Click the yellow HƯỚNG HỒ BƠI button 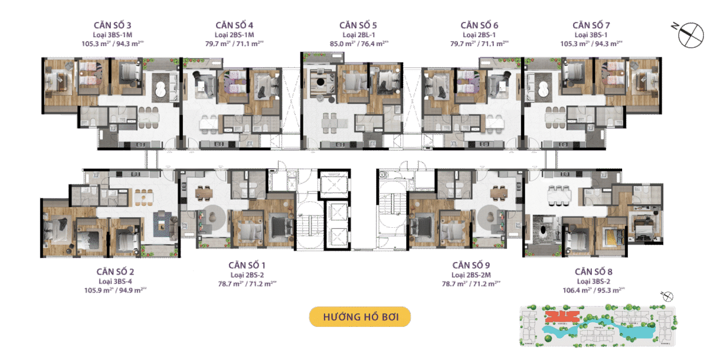[360, 317]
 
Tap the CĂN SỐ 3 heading [114, 25]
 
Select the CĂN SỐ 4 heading [234, 25]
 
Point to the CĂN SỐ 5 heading [358, 25]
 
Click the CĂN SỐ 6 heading [479, 25]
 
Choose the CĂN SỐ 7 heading [591, 25]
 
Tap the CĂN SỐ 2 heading [115, 271]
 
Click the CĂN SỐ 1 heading [247, 265]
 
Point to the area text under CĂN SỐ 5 [358, 43]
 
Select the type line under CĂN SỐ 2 [115, 281]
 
